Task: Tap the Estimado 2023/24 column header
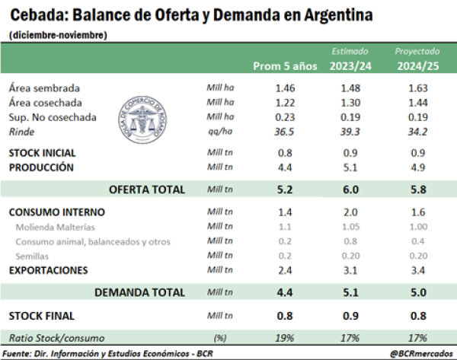(x=350, y=59)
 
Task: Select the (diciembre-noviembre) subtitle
(x=59, y=35)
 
